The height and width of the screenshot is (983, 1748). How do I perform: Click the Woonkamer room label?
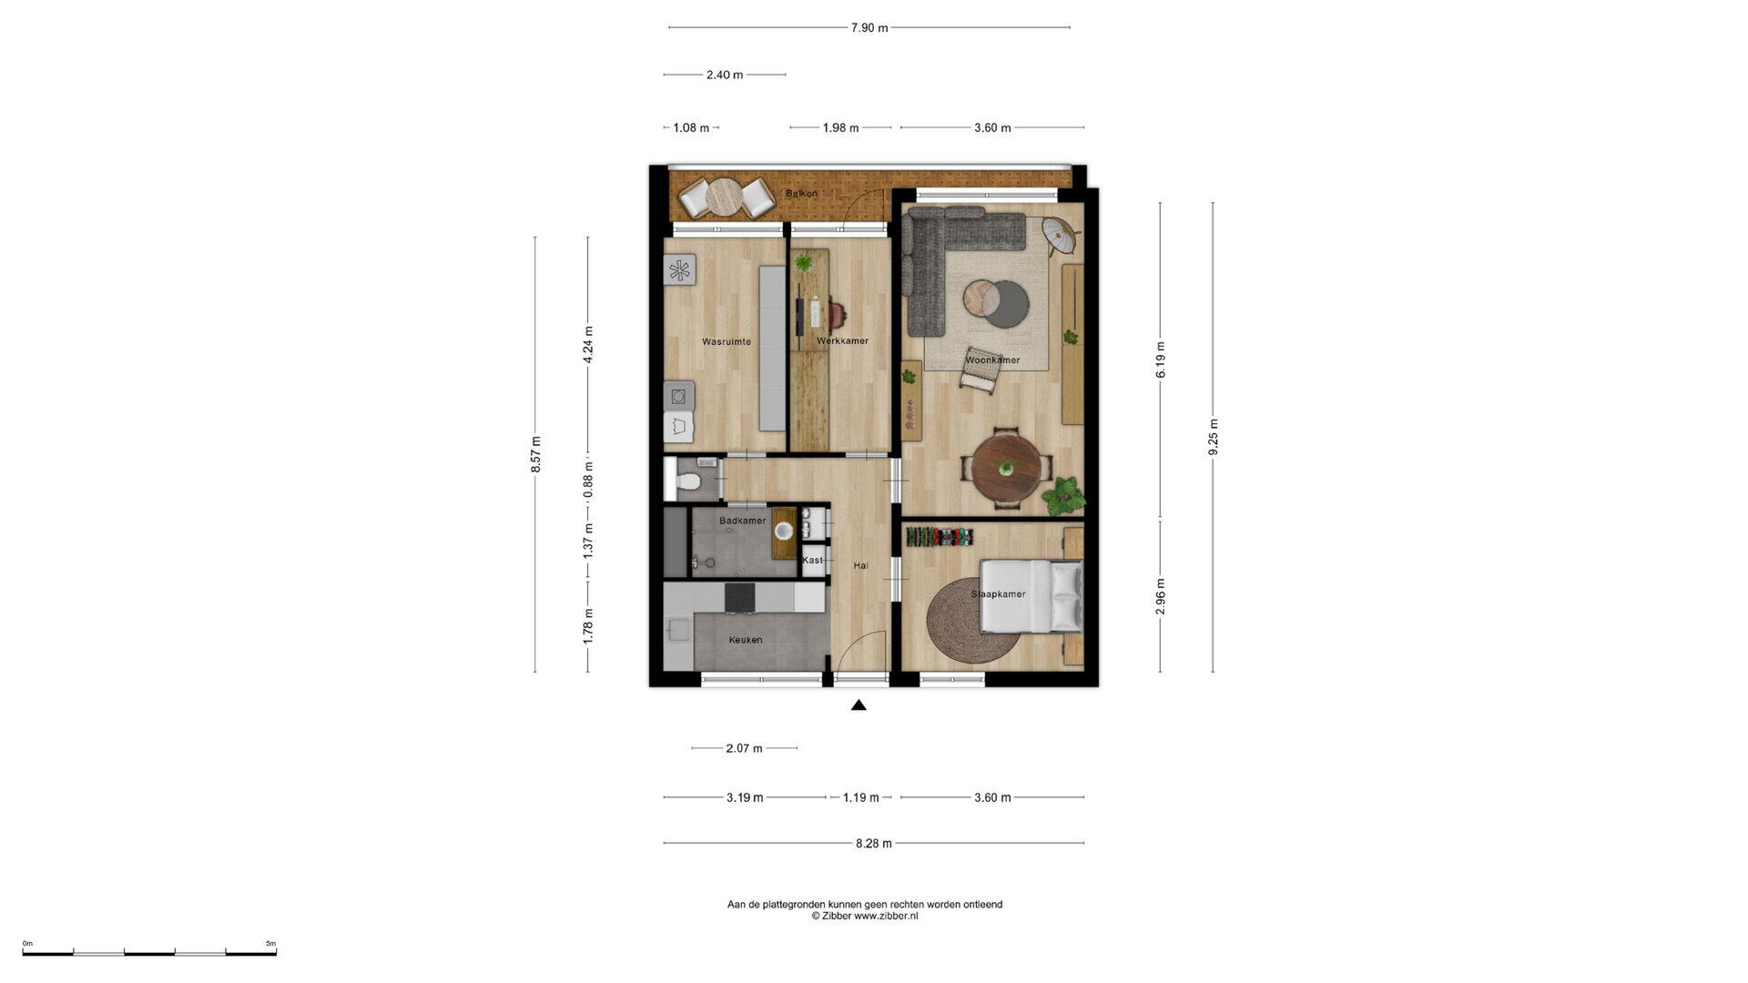(992, 360)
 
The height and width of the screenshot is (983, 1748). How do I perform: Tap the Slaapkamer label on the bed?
(998, 594)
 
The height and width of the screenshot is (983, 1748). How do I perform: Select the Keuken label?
(746, 640)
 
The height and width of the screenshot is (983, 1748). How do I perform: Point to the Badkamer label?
(742, 521)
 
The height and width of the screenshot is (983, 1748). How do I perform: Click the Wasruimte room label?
(727, 342)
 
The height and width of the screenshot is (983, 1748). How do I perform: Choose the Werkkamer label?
(842, 341)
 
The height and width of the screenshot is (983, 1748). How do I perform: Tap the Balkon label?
(801, 193)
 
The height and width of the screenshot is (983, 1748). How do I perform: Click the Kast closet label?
(812, 560)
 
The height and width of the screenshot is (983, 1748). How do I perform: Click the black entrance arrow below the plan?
(859, 704)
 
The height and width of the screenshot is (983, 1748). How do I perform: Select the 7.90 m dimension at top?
(869, 28)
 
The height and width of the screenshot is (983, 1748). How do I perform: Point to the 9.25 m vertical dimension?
(1213, 438)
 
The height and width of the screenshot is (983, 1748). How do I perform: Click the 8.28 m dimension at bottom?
(874, 844)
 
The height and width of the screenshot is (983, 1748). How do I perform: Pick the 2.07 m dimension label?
(744, 748)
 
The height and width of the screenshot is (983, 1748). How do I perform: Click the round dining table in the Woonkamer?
(1006, 468)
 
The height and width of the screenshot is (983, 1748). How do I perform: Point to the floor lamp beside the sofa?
(1060, 232)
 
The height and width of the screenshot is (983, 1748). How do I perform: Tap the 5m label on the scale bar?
(270, 944)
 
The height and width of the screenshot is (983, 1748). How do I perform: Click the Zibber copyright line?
(865, 917)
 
